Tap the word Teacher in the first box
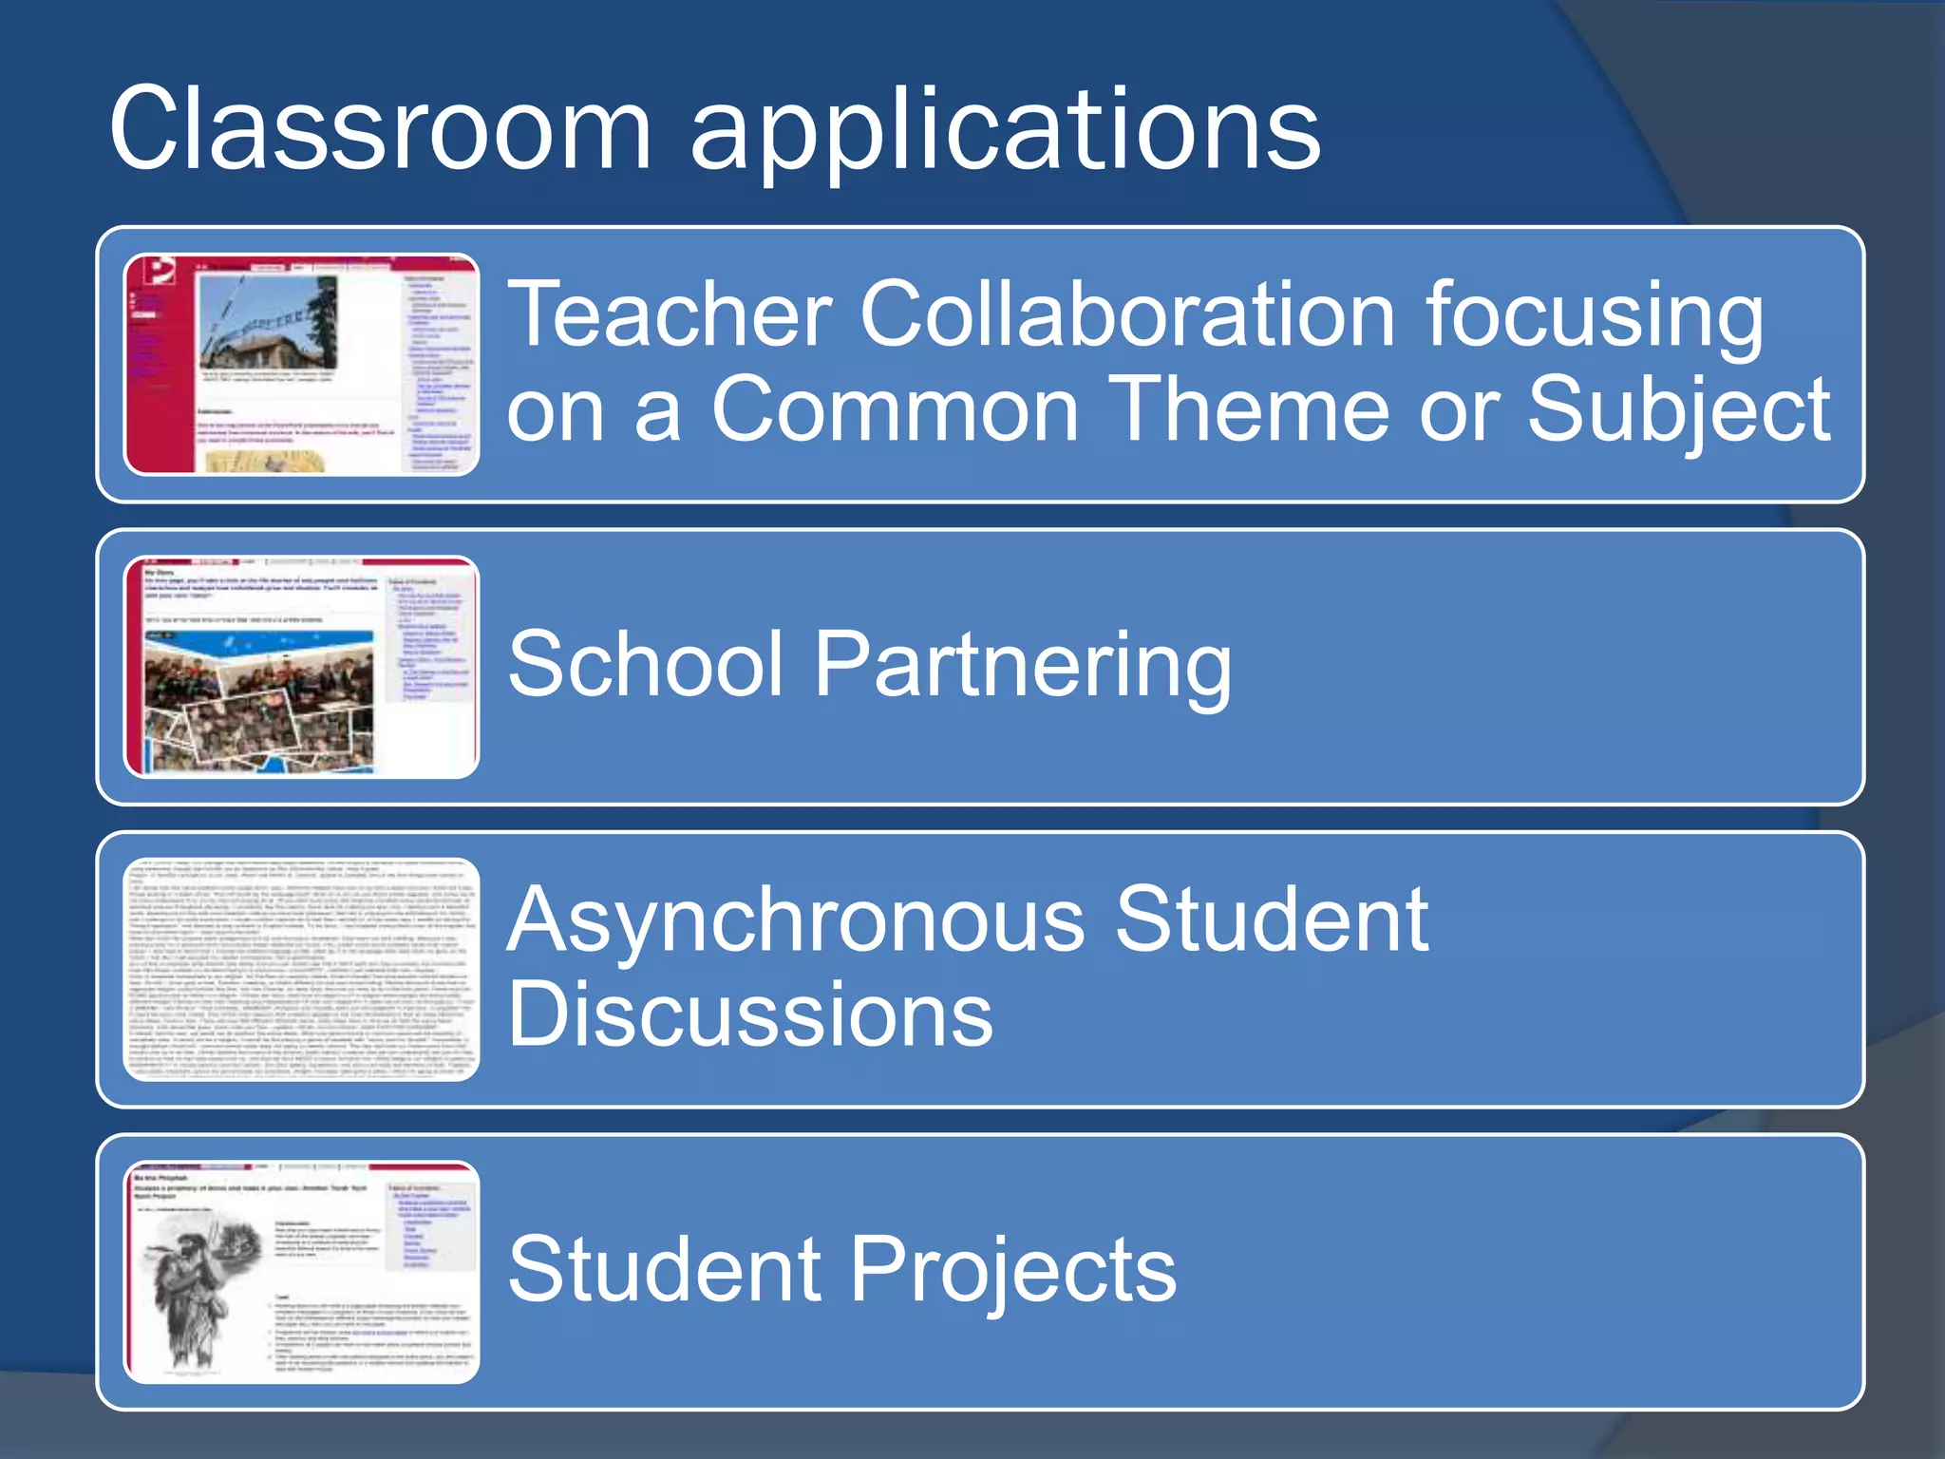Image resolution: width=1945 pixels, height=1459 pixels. [x=670, y=315]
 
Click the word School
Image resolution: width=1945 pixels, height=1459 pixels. [x=645, y=664]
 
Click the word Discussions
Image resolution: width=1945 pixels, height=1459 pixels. [x=750, y=1014]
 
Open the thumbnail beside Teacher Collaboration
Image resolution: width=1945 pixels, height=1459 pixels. [x=301, y=365]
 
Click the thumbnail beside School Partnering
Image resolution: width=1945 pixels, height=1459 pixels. [x=301, y=667]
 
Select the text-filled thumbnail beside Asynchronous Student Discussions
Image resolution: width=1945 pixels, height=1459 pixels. [x=301, y=969]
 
